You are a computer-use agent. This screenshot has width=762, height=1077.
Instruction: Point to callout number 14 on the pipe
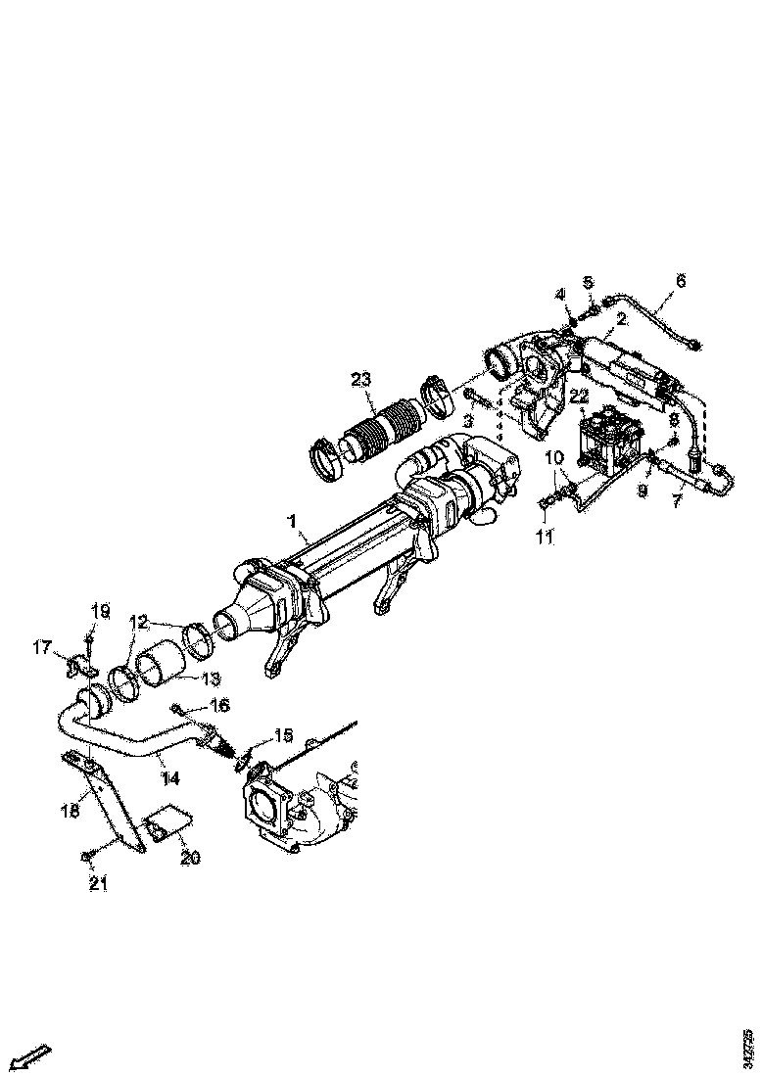tap(172, 778)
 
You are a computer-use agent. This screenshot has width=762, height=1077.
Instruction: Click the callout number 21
tap(99, 884)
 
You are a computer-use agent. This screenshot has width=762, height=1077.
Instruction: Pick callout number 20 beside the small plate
tap(190, 858)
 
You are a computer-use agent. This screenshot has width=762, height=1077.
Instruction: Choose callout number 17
tap(42, 647)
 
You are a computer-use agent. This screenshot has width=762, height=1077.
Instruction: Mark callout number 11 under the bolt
tap(545, 537)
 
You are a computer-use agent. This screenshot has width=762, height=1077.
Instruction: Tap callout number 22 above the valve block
tap(579, 395)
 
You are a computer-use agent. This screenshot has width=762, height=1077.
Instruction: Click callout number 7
tap(676, 501)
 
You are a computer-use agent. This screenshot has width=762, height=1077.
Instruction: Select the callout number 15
tap(283, 734)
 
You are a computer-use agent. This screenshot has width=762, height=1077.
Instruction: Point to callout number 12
tap(138, 621)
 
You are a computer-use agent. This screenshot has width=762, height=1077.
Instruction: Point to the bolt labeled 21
tap(86, 857)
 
